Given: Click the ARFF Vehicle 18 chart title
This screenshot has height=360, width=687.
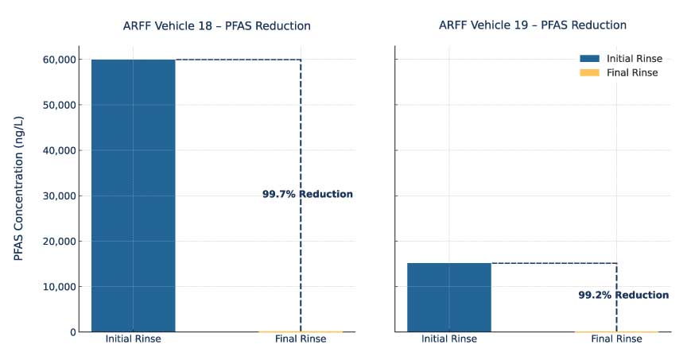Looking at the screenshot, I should (x=216, y=26).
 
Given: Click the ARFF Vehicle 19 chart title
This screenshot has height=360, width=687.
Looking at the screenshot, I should (x=532, y=25).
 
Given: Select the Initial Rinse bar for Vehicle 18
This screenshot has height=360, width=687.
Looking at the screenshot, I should (x=133, y=195).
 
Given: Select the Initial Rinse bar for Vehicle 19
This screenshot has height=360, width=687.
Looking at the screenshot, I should (x=449, y=296).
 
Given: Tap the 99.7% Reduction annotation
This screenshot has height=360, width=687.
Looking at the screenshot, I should (x=307, y=195).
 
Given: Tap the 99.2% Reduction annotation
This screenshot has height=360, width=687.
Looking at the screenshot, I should (x=623, y=295).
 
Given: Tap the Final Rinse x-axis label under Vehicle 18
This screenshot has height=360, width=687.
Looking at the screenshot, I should (x=301, y=339).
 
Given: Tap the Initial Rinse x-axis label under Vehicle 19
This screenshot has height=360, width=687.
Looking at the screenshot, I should (x=449, y=339).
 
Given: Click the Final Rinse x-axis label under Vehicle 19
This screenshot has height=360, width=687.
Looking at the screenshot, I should (x=616, y=339).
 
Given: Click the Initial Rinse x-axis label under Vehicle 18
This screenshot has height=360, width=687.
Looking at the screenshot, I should (x=133, y=339).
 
